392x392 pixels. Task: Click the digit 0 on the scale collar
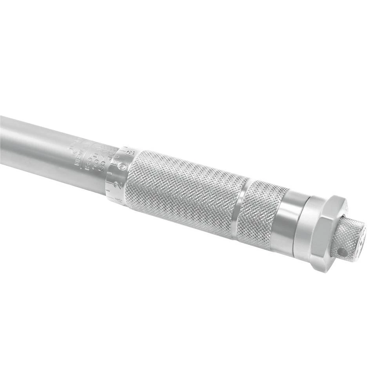(x=123, y=167)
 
